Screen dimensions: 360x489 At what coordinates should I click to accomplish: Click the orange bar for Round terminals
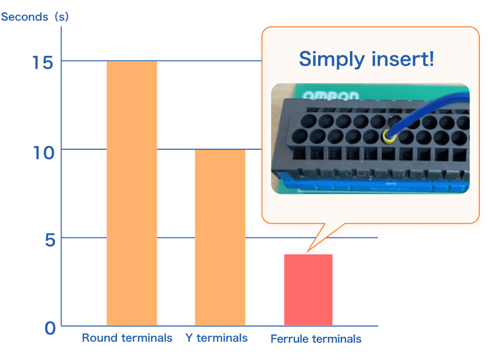click(x=131, y=193)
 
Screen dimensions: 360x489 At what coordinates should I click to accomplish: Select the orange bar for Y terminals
click(x=220, y=237)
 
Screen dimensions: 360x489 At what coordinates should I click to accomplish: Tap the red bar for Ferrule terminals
click(x=308, y=290)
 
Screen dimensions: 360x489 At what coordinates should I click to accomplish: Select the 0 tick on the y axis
click(x=50, y=328)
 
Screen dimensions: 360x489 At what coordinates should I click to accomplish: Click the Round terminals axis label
click(x=127, y=338)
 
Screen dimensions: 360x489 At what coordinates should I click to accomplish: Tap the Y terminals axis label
click(x=217, y=338)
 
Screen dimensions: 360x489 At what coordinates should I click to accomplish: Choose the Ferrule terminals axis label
click(x=316, y=339)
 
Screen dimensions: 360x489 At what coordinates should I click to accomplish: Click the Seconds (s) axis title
click(x=35, y=17)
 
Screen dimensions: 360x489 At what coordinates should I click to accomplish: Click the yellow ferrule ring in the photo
click(x=388, y=136)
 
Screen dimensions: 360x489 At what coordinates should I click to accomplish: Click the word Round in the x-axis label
click(x=100, y=338)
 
